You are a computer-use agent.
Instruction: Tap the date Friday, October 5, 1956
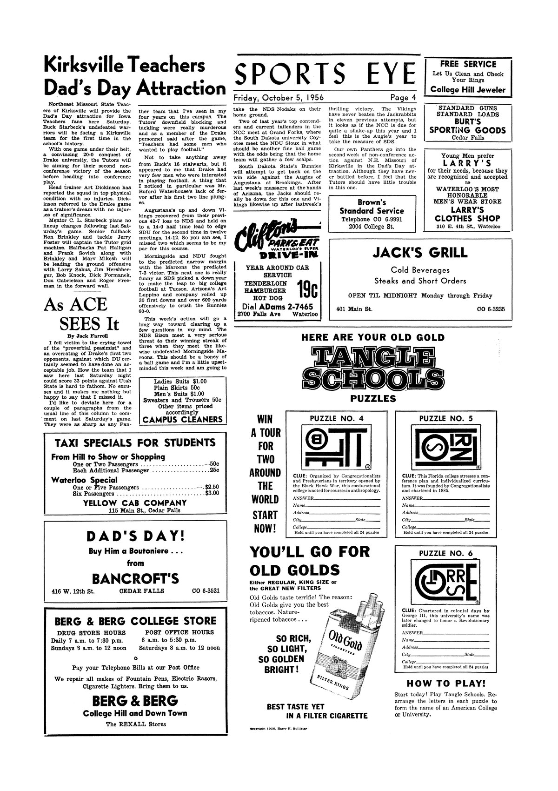279,98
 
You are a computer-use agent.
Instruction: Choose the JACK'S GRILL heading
420,253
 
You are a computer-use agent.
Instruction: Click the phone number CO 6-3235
491,309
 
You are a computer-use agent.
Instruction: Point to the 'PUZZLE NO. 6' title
446,553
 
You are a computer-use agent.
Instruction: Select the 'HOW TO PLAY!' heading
446,684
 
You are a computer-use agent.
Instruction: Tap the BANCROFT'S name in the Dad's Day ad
135,578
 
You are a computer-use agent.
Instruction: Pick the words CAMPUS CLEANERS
182,419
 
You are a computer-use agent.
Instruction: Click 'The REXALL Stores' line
136,724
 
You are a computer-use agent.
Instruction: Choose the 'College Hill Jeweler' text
468,89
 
